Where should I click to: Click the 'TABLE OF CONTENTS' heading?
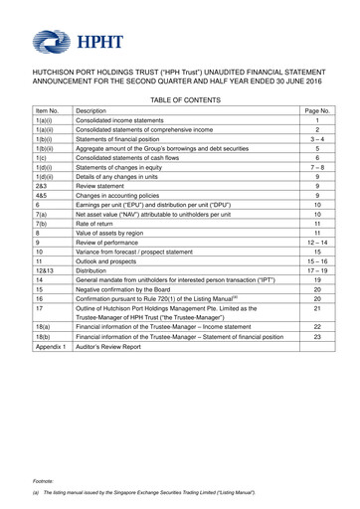(179, 116)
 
